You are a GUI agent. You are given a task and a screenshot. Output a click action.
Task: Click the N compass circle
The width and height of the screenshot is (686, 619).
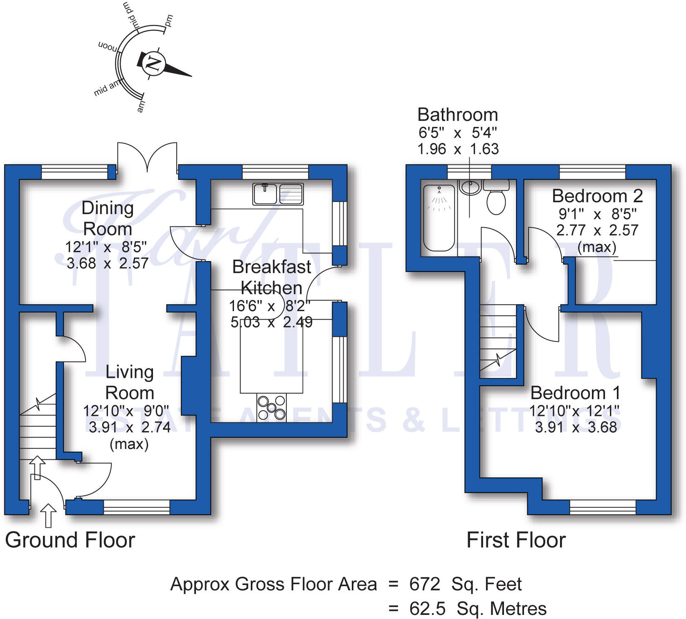[x=154, y=63]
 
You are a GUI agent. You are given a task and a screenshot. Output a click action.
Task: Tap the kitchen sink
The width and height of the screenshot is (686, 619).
[x=278, y=194]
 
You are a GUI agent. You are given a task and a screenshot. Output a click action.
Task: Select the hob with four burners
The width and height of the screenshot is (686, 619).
[x=272, y=407]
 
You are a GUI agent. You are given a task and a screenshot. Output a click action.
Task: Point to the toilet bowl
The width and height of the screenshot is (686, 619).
[x=497, y=203]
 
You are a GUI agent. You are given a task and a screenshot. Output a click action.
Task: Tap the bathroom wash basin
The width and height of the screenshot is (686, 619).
[x=470, y=187]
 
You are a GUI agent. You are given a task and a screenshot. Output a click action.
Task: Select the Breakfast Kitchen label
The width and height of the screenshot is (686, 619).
[x=272, y=277]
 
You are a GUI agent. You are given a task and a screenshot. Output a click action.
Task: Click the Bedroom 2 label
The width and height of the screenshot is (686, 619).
[x=597, y=196]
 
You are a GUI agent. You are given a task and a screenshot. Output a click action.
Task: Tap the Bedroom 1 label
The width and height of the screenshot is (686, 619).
[x=575, y=393]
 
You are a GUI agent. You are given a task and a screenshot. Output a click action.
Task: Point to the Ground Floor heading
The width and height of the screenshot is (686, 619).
[x=70, y=540]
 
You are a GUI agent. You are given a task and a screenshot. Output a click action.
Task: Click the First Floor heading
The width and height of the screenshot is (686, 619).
[x=516, y=540]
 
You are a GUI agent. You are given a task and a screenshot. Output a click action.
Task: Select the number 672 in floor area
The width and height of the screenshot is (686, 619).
[x=425, y=584]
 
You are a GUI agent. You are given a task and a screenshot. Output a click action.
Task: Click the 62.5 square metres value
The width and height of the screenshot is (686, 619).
[x=427, y=609]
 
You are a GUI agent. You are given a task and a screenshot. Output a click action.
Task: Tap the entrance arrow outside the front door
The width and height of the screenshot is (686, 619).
[x=48, y=515]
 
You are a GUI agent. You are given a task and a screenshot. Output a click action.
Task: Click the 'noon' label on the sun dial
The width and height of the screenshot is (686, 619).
[x=108, y=46]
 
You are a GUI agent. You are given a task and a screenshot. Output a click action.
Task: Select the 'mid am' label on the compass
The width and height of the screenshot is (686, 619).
[x=107, y=88]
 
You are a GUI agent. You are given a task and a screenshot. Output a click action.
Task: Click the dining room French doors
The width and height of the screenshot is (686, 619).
[x=147, y=158]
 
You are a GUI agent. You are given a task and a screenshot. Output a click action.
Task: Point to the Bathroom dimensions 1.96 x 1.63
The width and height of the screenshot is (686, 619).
[x=458, y=149]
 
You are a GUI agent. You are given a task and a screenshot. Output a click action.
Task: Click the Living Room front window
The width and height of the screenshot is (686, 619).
[x=137, y=507]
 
